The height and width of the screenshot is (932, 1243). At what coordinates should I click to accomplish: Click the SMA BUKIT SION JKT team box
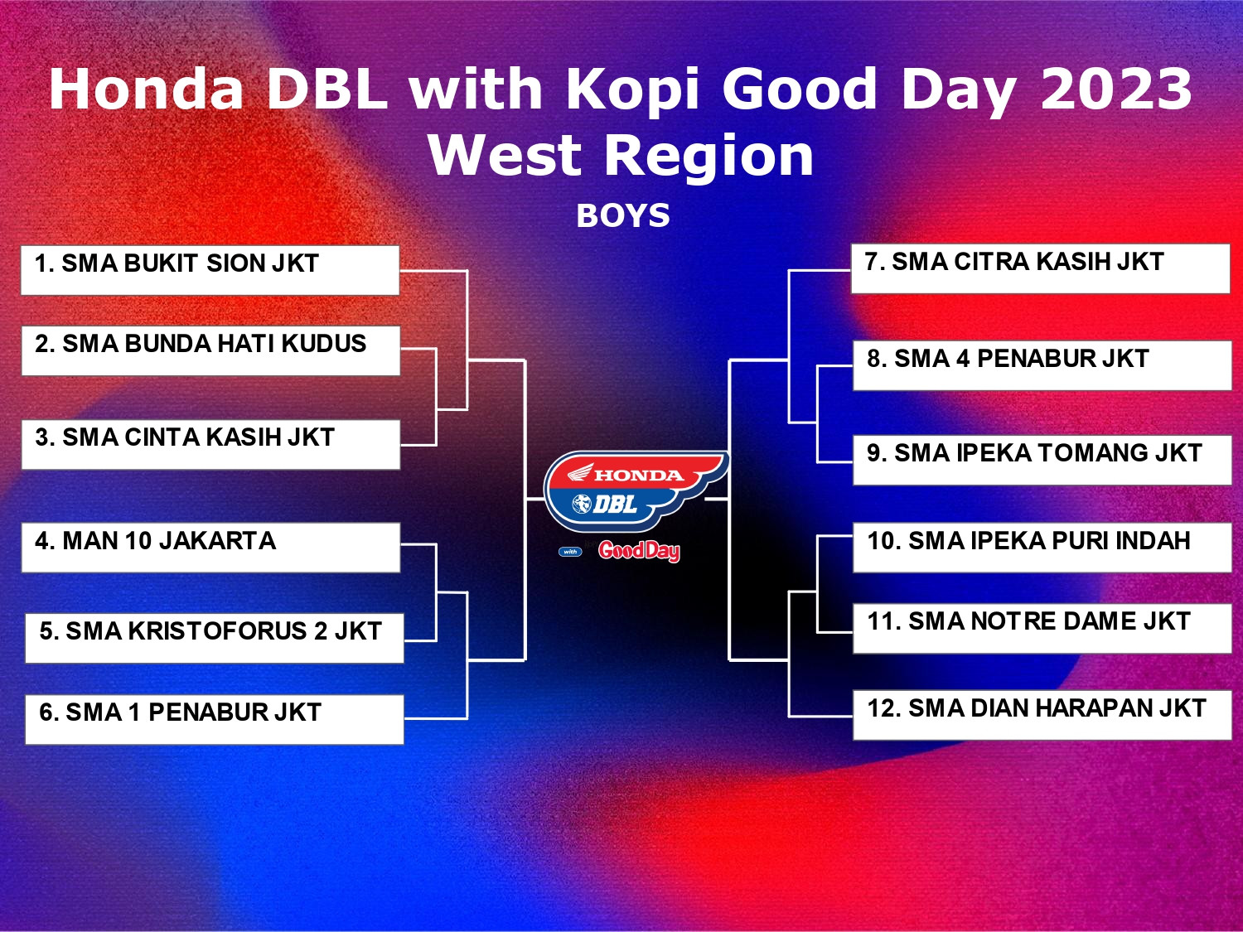[210, 270]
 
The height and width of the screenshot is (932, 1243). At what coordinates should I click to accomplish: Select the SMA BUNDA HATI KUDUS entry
[210, 350]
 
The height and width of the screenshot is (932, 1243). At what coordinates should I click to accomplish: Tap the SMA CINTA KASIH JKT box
[210, 444]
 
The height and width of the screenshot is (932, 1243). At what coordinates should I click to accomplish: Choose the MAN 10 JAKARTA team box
[210, 548]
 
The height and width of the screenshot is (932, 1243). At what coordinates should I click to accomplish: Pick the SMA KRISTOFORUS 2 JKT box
[215, 638]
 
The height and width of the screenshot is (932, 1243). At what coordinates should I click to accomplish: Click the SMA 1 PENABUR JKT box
[215, 719]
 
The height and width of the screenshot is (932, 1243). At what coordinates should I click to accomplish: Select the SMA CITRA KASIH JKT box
[1041, 268]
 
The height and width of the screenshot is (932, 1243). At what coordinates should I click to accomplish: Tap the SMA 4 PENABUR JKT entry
[1042, 365]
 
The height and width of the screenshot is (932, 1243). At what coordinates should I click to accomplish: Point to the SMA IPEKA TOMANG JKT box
[1042, 460]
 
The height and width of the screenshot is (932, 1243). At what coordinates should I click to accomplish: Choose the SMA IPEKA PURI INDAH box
[1042, 548]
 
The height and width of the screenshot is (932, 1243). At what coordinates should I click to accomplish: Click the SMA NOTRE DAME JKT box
[1042, 629]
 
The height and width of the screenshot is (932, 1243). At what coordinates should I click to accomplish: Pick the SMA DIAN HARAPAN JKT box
[1042, 715]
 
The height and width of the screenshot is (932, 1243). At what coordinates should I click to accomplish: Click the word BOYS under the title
[623, 215]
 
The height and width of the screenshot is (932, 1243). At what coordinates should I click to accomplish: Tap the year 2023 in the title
[1116, 89]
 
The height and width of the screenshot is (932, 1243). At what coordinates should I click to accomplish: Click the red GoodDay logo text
[640, 551]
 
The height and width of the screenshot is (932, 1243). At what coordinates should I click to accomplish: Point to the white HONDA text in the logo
[638, 475]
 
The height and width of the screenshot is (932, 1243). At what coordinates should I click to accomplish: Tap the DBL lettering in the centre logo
[615, 503]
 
